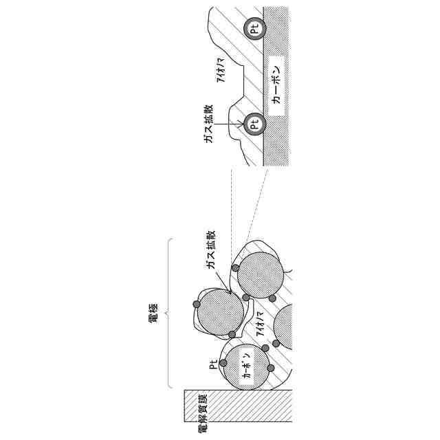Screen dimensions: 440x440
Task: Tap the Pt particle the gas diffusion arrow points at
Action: (254, 125)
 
